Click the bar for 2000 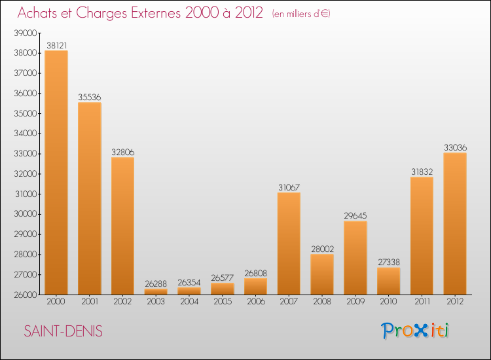pyautogui.click(x=56, y=173)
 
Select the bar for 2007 pyautogui.click(x=289, y=243)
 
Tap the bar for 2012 pyautogui.click(x=455, y=224)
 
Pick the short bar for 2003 pyautogui.click(x=156, y=292)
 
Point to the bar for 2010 pyautogui.click(x=388, y=281)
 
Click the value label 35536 pyautogui.click(x=89, y=98)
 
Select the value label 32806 pyautogui.click(x=122, y=153)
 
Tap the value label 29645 pyautogui.click(x=355, y=216)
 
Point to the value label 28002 pyautogui.click(x=322, y=249)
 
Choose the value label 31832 pyautogui.click(x=422, y=172)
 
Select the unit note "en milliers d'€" pyautogui.click(x=301, y=14)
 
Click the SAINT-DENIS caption pyautogui.click(x=64, y=331)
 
